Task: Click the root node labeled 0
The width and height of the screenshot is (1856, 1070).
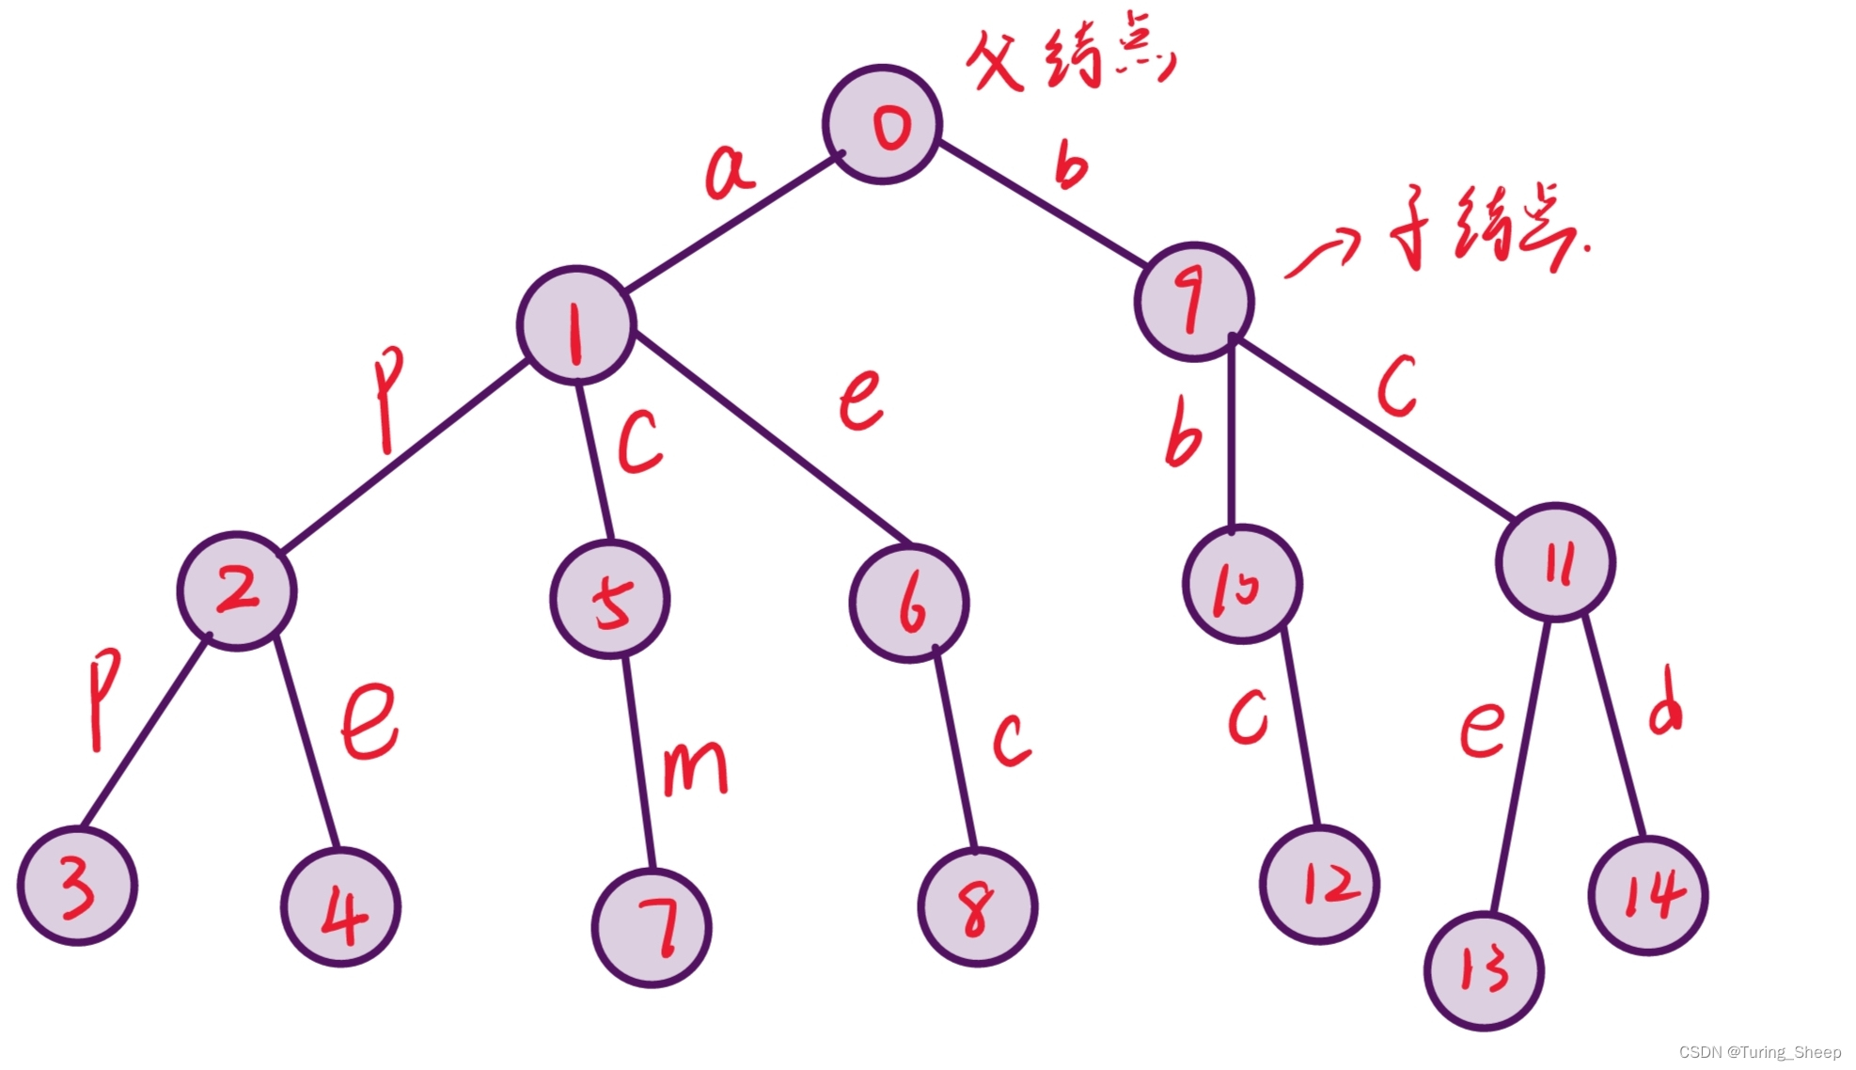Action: coord(882,125)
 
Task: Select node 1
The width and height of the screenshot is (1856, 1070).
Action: coord(576,325)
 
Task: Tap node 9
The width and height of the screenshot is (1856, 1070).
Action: coord(1194,301)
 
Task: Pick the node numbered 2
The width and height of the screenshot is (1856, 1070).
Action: coord(237,590)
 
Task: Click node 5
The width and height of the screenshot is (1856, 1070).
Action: coord(610,599)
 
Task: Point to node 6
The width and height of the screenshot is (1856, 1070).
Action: coord(908,604)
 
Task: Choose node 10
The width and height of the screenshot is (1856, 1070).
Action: coord(1242,585)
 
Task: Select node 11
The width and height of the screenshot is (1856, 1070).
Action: coord(1555,562)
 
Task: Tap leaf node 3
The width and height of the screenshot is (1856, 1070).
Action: coord(78,886)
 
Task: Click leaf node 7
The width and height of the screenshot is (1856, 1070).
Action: coord(652,928)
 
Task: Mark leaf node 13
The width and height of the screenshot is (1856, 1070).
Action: coord(1484,970)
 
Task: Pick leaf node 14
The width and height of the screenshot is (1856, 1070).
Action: coord(1648,895)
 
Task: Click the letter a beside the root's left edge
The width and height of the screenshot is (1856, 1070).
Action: coord(729,171)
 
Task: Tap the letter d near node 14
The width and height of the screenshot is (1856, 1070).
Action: coord(1666,701)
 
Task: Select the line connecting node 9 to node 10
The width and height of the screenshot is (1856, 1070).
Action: coord(1232,433)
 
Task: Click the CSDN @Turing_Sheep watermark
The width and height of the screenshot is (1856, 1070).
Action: coord(1759,1052)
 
